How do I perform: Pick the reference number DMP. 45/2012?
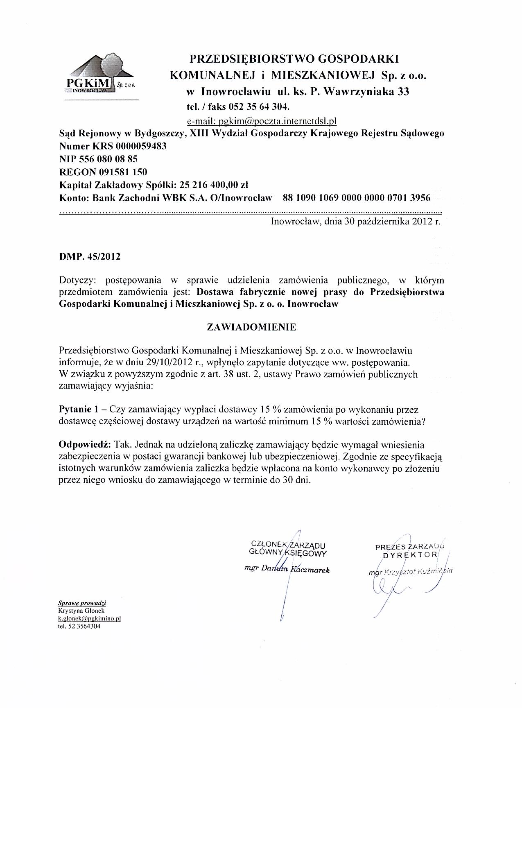tap(90, 257)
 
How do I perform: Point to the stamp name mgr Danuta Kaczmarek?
tap(287, 570)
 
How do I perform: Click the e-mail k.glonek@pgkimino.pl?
tap(90, 618)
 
